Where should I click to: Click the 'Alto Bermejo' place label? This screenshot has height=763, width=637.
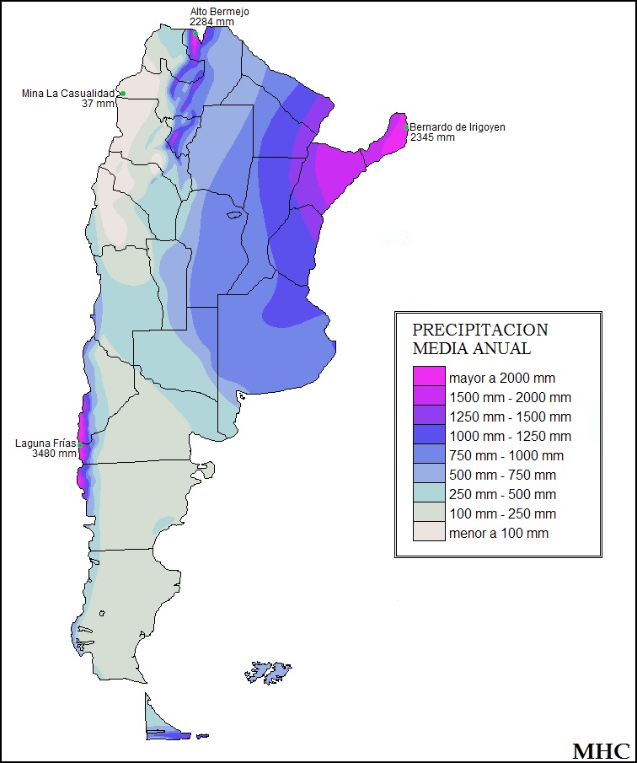[219, 12]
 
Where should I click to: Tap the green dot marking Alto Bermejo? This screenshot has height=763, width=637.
[195, 33]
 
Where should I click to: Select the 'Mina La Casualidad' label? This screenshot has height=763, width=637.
[67, 94]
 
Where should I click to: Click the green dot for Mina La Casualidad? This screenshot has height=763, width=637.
[123, 94]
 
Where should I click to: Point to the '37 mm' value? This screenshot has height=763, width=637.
[98, 104]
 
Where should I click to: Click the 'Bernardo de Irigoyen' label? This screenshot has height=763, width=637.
[457, 127]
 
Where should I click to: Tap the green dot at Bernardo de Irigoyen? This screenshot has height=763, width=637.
[406, 128]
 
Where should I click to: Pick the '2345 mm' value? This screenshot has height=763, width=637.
[432, 137]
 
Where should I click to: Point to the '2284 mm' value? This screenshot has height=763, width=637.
[211, 22]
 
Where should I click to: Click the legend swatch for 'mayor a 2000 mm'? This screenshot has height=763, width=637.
[428, 378]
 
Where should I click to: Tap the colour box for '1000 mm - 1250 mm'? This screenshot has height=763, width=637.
[428, 436]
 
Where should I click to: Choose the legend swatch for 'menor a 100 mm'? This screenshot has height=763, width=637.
[428, 533]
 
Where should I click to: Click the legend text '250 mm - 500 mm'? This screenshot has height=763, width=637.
[502, 494]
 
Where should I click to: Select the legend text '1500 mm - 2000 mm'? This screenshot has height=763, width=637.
[510, 397]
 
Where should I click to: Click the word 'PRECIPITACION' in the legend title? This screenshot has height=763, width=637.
[479, 330]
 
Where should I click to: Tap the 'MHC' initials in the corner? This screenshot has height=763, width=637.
[602, 750]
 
